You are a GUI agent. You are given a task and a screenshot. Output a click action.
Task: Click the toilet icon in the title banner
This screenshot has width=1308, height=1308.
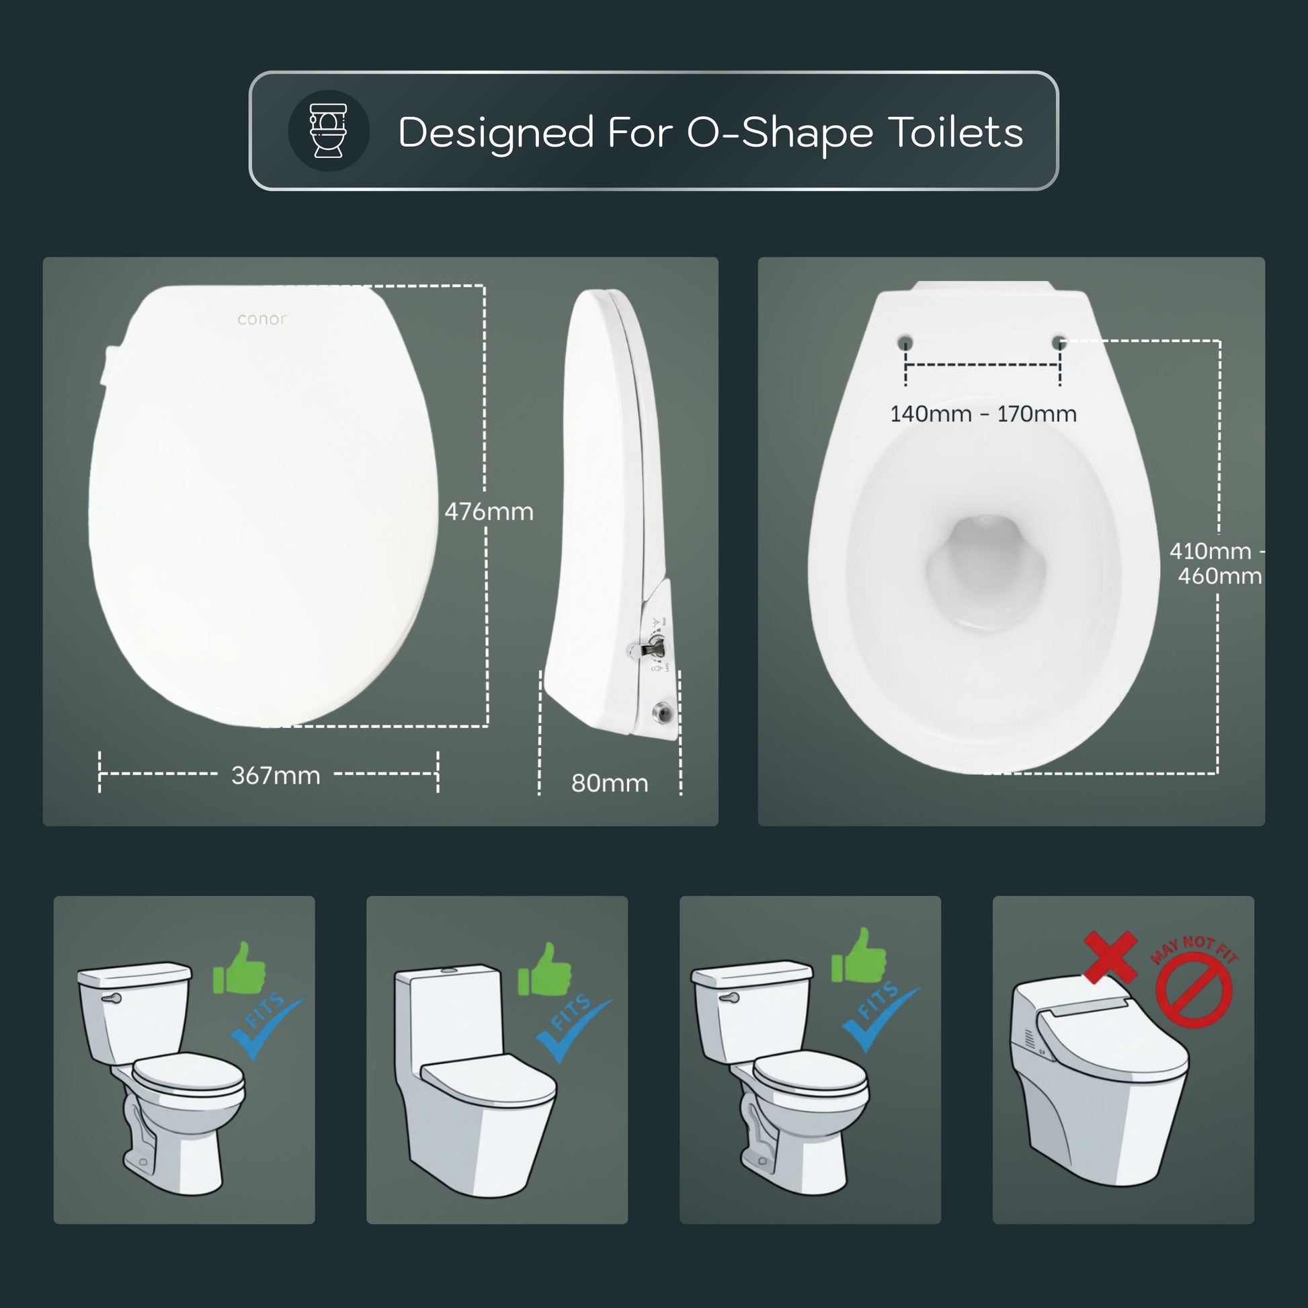tap(329, 130)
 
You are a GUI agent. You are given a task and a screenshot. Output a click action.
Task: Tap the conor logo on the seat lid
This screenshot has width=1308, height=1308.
tap(262, 319)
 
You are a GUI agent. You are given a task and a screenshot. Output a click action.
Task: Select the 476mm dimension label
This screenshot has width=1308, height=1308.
tap(489, 511)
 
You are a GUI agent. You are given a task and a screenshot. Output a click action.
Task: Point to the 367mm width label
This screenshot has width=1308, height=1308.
tap(276, 775)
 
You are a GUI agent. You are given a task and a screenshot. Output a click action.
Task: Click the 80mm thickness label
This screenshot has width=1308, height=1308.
tap(610, 783)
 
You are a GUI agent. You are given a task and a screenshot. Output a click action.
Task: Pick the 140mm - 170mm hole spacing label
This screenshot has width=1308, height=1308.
tap(983, 413)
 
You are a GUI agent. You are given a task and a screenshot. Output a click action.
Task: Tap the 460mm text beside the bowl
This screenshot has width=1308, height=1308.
tap(1219, 576)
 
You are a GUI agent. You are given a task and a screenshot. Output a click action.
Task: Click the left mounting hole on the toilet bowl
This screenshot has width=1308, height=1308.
tap(906, 342)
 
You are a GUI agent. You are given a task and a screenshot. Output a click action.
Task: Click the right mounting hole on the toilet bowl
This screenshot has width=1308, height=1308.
tap(1060, 342)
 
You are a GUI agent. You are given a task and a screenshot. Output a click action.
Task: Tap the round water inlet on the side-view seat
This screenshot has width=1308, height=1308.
tap(662, 712)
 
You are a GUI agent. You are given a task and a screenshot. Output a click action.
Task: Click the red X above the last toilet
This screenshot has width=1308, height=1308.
tap(1110, 956)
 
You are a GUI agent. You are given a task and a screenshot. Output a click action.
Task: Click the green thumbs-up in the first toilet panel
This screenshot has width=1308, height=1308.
tap(239, 969)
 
